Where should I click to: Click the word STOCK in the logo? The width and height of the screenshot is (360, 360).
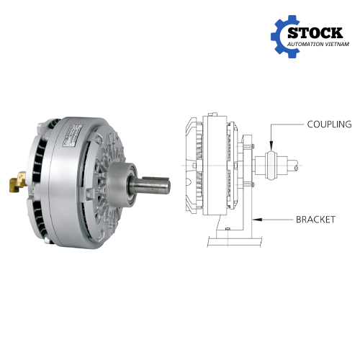click(x=315, y=33)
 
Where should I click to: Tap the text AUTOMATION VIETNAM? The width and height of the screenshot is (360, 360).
click(x=318, y=44)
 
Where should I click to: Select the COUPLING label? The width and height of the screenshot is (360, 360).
click(x=329, y=124)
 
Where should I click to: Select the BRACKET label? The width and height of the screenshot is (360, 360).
click(x=315, y=220)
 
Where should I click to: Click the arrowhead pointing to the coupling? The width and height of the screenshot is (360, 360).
click(x=271, y=146)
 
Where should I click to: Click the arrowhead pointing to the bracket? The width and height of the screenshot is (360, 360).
click(x=257, y=220)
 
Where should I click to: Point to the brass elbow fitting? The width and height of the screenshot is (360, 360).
click(x=18, y=182)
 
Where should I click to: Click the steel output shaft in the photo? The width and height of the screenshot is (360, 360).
click(x=150, y=184)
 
